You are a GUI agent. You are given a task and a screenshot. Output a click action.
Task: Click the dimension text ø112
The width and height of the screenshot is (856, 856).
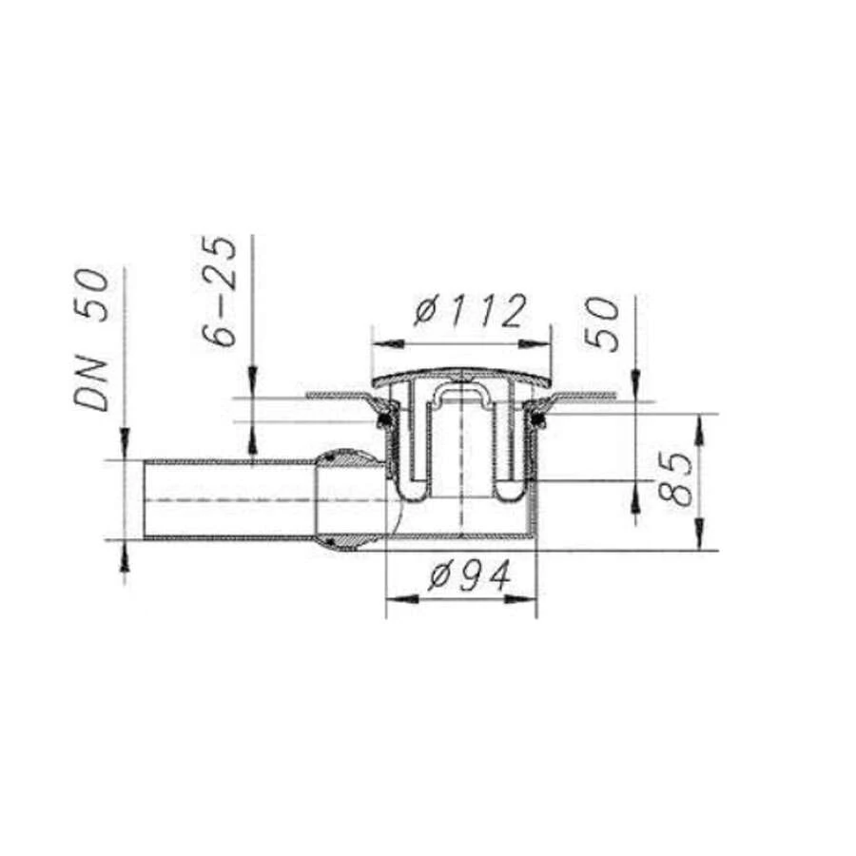pyautogui.click(x=469, y=311)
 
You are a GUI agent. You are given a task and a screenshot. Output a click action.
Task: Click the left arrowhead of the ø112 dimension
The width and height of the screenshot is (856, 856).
pyautogui.click(x=378, y=341)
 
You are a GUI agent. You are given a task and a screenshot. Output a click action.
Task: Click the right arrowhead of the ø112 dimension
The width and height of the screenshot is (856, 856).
pyautogui.click(x=545, y=341)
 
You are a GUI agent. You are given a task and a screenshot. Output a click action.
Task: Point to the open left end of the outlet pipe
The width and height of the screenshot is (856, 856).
pyautogui.click(x=146, y=500)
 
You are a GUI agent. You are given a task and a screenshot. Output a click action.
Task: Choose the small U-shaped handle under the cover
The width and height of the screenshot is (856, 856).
pyautogui.click(x=461, y=394)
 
